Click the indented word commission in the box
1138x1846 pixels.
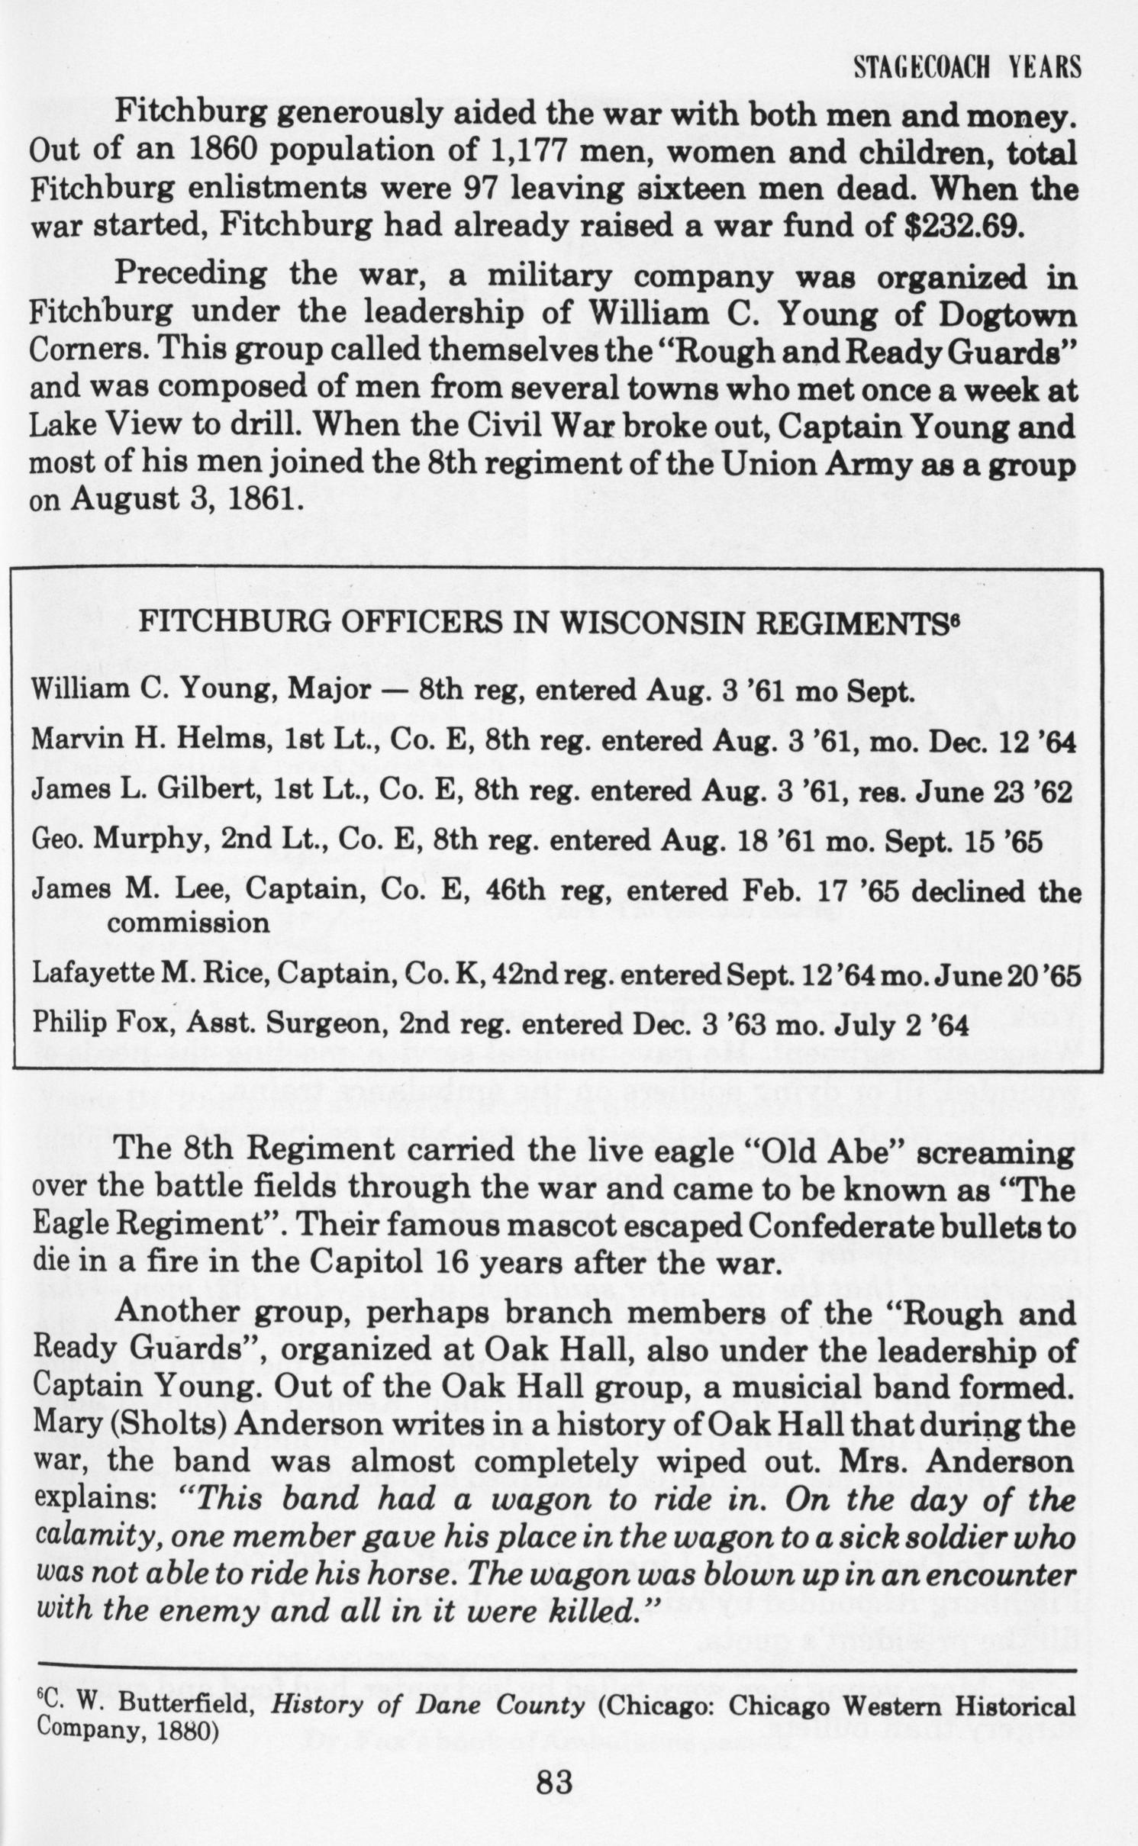pos(188,923)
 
